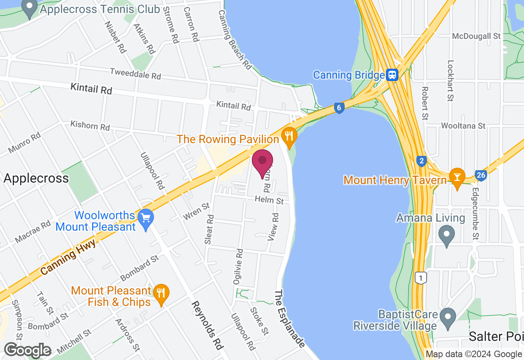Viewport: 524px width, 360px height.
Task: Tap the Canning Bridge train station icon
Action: (x=392, y=75)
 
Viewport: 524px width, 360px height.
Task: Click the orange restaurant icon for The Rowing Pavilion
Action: (x=289, y=137)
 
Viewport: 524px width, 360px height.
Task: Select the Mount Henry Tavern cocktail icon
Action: (x=457, y=177)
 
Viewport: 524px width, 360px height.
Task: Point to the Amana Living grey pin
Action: (x=447, y=235)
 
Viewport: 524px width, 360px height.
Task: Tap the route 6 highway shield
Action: (x=339, y=108)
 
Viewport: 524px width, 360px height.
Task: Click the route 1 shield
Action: (x=420, y=278)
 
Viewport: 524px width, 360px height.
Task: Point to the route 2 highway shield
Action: (x=421, y=161)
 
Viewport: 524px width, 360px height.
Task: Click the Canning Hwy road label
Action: (x=68, y=256)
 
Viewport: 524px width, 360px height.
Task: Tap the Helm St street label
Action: (x=269, y=200)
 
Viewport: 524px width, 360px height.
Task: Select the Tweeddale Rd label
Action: (x=136, y=74)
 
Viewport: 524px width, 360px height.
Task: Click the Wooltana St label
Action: (x=463, y=126)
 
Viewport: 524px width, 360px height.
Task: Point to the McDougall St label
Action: (x=477, y=36)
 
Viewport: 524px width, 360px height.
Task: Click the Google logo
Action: (x=27, y=351)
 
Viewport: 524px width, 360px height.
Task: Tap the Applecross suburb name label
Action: (x=36, y=178)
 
